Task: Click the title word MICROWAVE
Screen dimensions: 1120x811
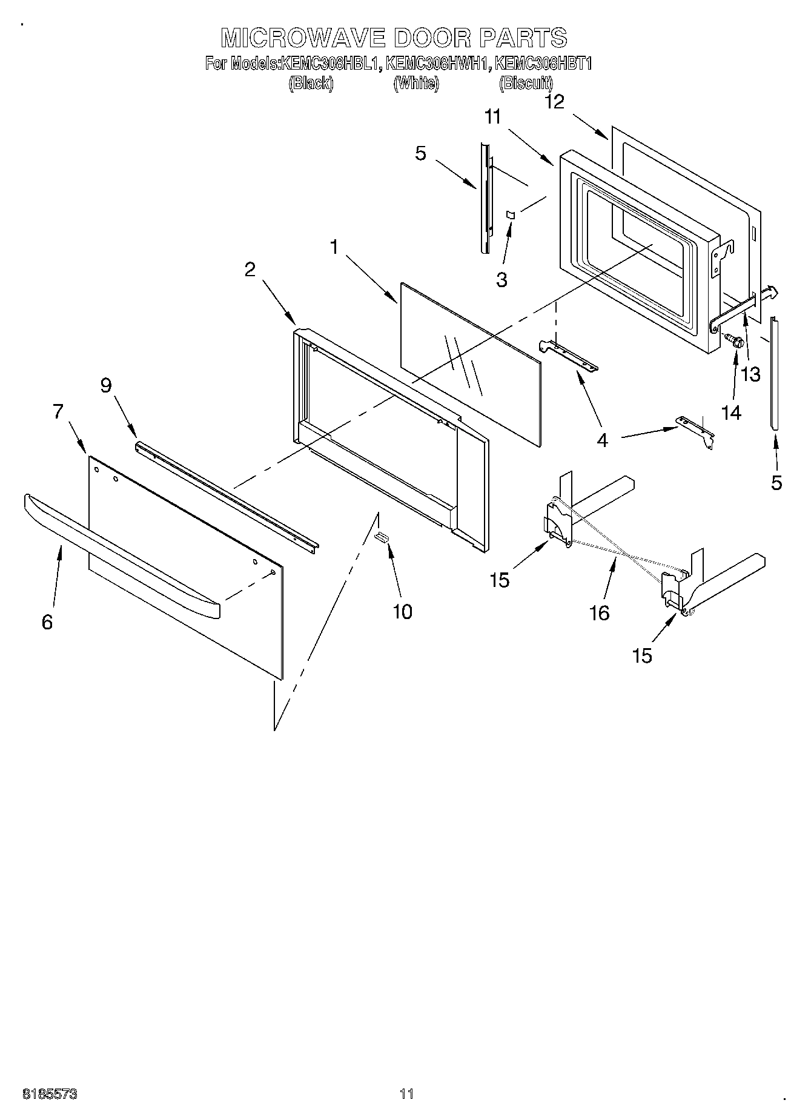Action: coord(303,38)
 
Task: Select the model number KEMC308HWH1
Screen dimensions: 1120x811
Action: coord(436,64)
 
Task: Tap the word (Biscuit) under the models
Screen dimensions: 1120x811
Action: coord(526,84)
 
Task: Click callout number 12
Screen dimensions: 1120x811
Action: coord(554,102)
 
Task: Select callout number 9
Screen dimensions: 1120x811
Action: coord(106,385)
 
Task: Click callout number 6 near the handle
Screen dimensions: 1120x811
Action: coord(47,621)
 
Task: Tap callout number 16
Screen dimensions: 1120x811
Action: coord(599,613)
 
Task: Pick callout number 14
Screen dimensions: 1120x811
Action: coord(731,413)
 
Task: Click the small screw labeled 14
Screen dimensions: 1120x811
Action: coord(735,341)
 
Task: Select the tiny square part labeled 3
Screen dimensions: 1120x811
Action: coord(511,214)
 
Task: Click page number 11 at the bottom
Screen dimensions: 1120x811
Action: coord(406,1094)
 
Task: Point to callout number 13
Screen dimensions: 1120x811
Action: coord(750,374)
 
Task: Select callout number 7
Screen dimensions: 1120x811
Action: coord(58,412)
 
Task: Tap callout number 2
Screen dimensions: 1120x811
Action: coord(250,270)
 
